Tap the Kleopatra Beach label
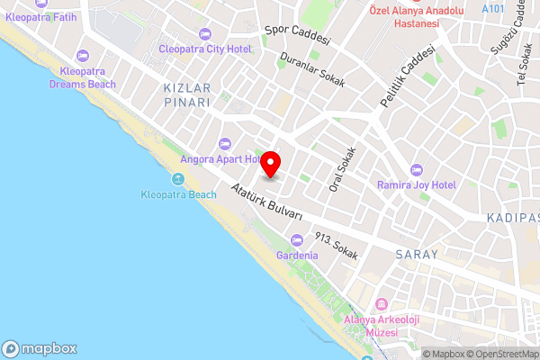pyautogui.click(x=179, y=194)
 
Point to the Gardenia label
pyautogui.click(x=297, y=256)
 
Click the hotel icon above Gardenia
pyautogui.click(x=297, y=239)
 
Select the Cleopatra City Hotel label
pyautogui.click(x=204, y=49)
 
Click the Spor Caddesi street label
pyautogui.click(x=298, y=35)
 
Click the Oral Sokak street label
pyautogui.click(x=343, y=169)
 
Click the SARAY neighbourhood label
pyautogui.click(x=417, y=255)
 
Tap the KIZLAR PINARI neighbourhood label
pyautogui.click(x=187, y=95)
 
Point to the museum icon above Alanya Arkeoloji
pyautogui.click(x=382, y=304)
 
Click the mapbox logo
pyautogui.click(x=40, y=348)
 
